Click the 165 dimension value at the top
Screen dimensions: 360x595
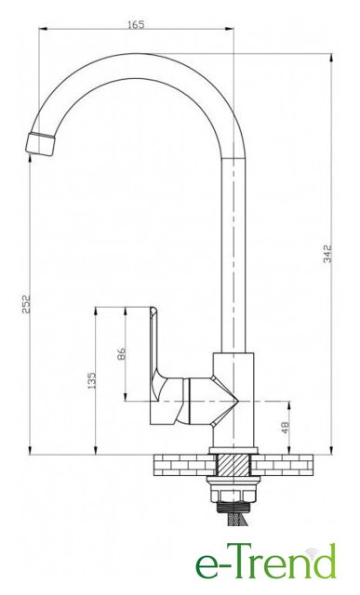pyautogui.click(x=136, y=25)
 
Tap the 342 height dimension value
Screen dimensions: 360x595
pyautogui.click(x=327, y=254)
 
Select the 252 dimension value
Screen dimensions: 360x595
pyautogui.click(x=26, y=304)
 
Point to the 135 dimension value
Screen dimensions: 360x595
pyautogui.click(x=91, y=380)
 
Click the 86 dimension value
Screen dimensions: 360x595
pyautogui.click(x=122, y=353)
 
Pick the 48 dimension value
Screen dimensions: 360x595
pyautogui.click(x=286, y=428)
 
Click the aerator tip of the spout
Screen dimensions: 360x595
pyautogui.click(x=40, y=144)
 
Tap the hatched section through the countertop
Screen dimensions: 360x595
pyautogui.click(x=233, y=465)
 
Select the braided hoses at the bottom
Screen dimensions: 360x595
pyautogui.click(x=237, y=519)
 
